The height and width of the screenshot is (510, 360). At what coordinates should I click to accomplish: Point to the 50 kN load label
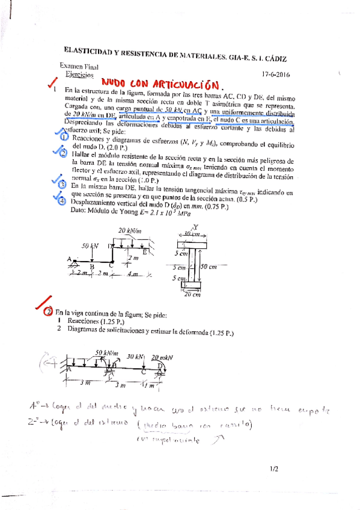(x=90, y=246)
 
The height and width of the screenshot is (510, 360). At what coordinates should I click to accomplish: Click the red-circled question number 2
(x=48, y=313)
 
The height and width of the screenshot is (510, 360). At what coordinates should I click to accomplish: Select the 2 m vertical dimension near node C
(x=133, y=257)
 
